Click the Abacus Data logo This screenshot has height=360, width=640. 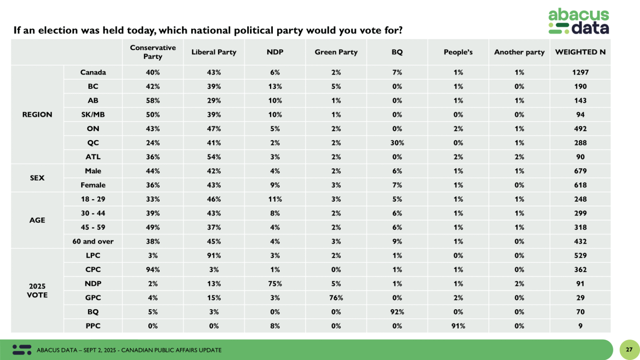click(578, 21)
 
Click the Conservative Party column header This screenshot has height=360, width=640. click(153, 52)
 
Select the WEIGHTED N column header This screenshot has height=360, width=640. click(580, 52)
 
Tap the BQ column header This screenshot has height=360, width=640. click(397, 52)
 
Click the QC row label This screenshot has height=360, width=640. click(93, 143)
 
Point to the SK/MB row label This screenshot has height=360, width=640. click(93, 115)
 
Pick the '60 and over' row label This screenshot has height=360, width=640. click(93, 242)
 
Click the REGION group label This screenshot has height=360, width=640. click(37, 115)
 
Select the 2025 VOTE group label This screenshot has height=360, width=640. click(37, 291)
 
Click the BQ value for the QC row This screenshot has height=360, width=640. click(397, 143)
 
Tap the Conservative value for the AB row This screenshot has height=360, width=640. click(153, 100)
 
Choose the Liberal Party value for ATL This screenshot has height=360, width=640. click(214, 157)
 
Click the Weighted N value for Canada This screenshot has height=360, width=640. click(580, 72)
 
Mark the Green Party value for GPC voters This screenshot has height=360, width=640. click(336, 298)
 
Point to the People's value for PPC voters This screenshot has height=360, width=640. click(458, 326)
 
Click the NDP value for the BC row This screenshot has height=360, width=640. click(275, 87)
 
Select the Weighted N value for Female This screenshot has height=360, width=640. click(580, 185)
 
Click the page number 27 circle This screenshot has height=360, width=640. click(629, 350)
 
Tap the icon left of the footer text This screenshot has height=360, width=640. click(22, 350)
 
